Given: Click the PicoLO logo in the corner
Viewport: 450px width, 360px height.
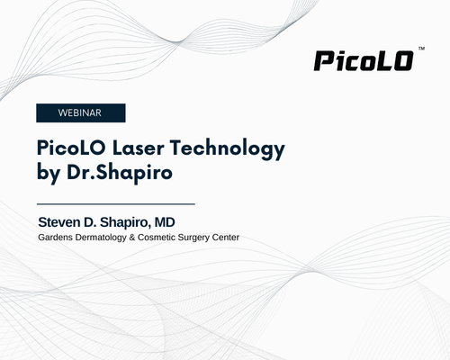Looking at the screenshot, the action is click(364, 61).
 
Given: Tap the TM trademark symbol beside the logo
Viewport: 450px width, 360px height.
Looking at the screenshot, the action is click(421, 49).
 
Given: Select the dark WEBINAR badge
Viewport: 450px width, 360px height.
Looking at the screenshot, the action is click(81, 112).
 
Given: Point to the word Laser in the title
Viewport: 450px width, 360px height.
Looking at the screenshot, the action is click(139, 148).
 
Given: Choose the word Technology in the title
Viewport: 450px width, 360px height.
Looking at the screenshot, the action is click(228, 149).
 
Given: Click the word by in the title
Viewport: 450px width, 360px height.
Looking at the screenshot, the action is click(48, 174).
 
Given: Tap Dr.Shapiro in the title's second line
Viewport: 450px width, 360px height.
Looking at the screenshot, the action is click(120, 174).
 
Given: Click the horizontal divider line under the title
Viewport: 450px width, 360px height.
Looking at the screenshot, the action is click(116, 204).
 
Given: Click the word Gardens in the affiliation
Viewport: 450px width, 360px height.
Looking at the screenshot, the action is click(55, 238).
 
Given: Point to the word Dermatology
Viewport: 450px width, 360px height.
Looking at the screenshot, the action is click(101, 238).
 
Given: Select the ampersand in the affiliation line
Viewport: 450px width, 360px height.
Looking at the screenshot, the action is click(132, 238).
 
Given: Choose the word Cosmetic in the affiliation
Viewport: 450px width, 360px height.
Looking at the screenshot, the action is click(157, 238).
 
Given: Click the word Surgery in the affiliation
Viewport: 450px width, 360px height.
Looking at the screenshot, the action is click(193, 238).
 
